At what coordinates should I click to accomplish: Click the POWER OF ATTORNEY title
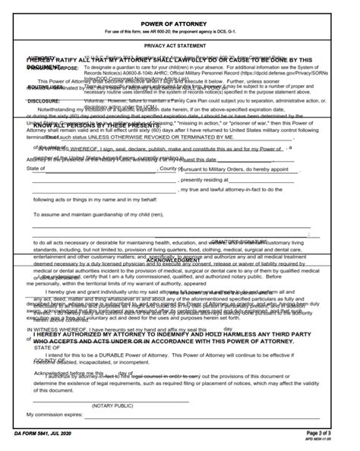(180, 24)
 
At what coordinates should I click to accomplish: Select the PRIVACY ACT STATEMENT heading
(180, 46)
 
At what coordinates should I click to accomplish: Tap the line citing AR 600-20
(180, 31)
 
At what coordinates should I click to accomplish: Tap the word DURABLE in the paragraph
(137, 355)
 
